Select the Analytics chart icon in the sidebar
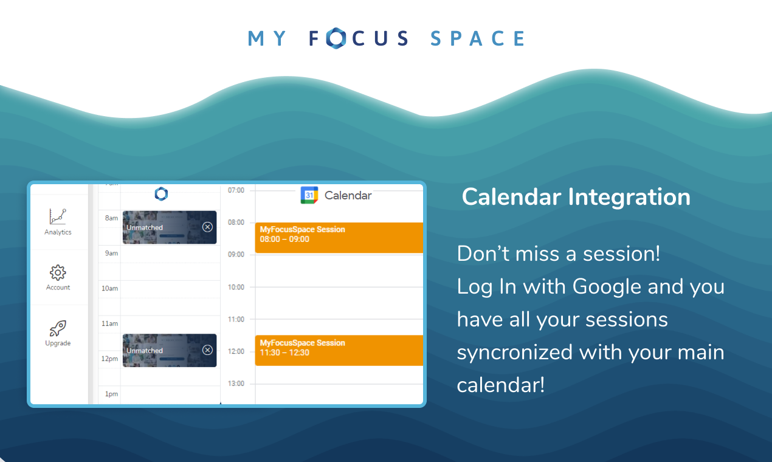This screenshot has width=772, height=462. click(x=58, y=216)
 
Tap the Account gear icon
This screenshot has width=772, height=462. click(x=58, y=272)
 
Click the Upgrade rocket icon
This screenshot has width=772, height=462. click(x=58, y=328)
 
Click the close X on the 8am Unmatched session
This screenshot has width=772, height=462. click(x=207, y=227)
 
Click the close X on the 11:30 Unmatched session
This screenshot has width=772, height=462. click(x=207, y=350)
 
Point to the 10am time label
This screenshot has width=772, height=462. click(x=109, y=288)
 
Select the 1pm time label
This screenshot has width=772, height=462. click(x=111, y=394)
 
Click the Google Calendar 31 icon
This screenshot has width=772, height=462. click(x=309, y=195)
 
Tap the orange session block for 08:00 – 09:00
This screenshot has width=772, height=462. click(x=339, y=237)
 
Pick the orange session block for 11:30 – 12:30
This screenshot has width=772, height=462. click(x=339, y=350)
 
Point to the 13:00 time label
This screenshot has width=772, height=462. click(x=236, y=384)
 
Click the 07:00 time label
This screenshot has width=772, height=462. click(x=236, y=190)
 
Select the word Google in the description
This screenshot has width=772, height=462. click(x=607, y=286)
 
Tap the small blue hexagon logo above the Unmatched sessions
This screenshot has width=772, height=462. click(x=161, y=194)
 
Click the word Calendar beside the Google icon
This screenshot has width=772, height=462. click(x=348, y=195)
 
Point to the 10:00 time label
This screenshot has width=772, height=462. click(x=236, y=287)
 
